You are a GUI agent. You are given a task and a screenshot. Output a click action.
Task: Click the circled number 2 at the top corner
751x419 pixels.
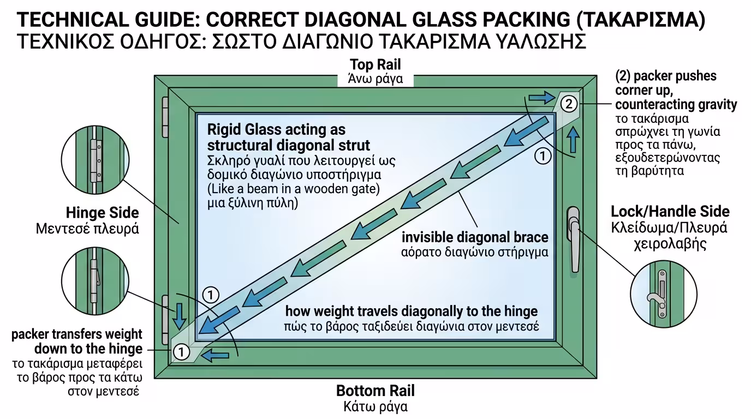point(568,103)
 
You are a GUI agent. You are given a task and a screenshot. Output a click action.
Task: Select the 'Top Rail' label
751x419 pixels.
point(375,65)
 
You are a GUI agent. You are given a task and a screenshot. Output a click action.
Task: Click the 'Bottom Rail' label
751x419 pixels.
point(375,391)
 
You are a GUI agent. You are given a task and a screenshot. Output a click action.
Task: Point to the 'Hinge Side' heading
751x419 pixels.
point(103,212)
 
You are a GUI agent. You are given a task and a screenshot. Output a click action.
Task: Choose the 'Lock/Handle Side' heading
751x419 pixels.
point(670,212)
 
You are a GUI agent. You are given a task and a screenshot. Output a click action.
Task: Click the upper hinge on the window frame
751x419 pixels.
point(165,117)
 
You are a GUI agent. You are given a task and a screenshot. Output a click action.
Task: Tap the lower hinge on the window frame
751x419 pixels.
point(165,319)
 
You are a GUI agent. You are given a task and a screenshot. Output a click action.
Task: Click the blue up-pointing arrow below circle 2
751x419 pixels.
point(573,140)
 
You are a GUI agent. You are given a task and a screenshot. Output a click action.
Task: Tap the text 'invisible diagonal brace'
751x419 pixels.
point(475,238)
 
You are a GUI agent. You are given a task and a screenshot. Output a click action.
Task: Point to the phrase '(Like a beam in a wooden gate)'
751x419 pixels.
point(293,189)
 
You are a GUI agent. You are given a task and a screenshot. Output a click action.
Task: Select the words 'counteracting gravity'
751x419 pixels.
point(676,104)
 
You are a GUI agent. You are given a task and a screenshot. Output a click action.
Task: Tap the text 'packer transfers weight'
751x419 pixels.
point(76,334)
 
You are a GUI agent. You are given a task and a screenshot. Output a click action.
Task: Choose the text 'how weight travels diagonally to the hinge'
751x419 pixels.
point(411,311)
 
